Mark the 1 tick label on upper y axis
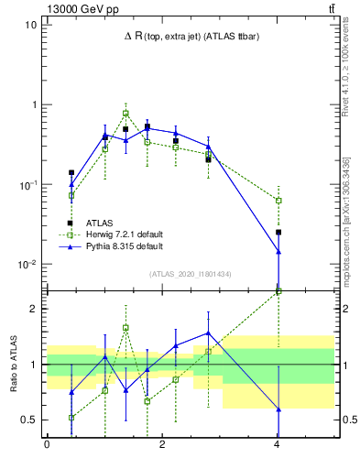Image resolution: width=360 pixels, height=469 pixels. pyautogui.click(x=34, y=104)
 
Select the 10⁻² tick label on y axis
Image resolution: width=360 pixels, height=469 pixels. pyautogui.click(x=28, y=265)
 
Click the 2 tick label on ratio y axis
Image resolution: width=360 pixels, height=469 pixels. pyautogui.click(x=34, y=309)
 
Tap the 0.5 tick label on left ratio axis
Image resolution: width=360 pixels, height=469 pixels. pyautogui.click(x=29, y=420)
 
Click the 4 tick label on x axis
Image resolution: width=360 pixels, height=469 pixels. pyautogui.click(x=278, y=444)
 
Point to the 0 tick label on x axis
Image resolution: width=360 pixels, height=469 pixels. pyautogui.click(x=47, y=444)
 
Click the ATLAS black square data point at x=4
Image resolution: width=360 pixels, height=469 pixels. pyautogui.click(x=278, y=233)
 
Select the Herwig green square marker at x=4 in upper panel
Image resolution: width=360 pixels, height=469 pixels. pyautogui.click(x=278, y=201)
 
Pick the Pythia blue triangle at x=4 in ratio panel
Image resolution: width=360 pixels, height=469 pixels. pyautogui.click(x=278, y=409)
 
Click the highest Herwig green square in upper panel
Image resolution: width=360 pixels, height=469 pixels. pyautogui.click(x=125, y=114)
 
